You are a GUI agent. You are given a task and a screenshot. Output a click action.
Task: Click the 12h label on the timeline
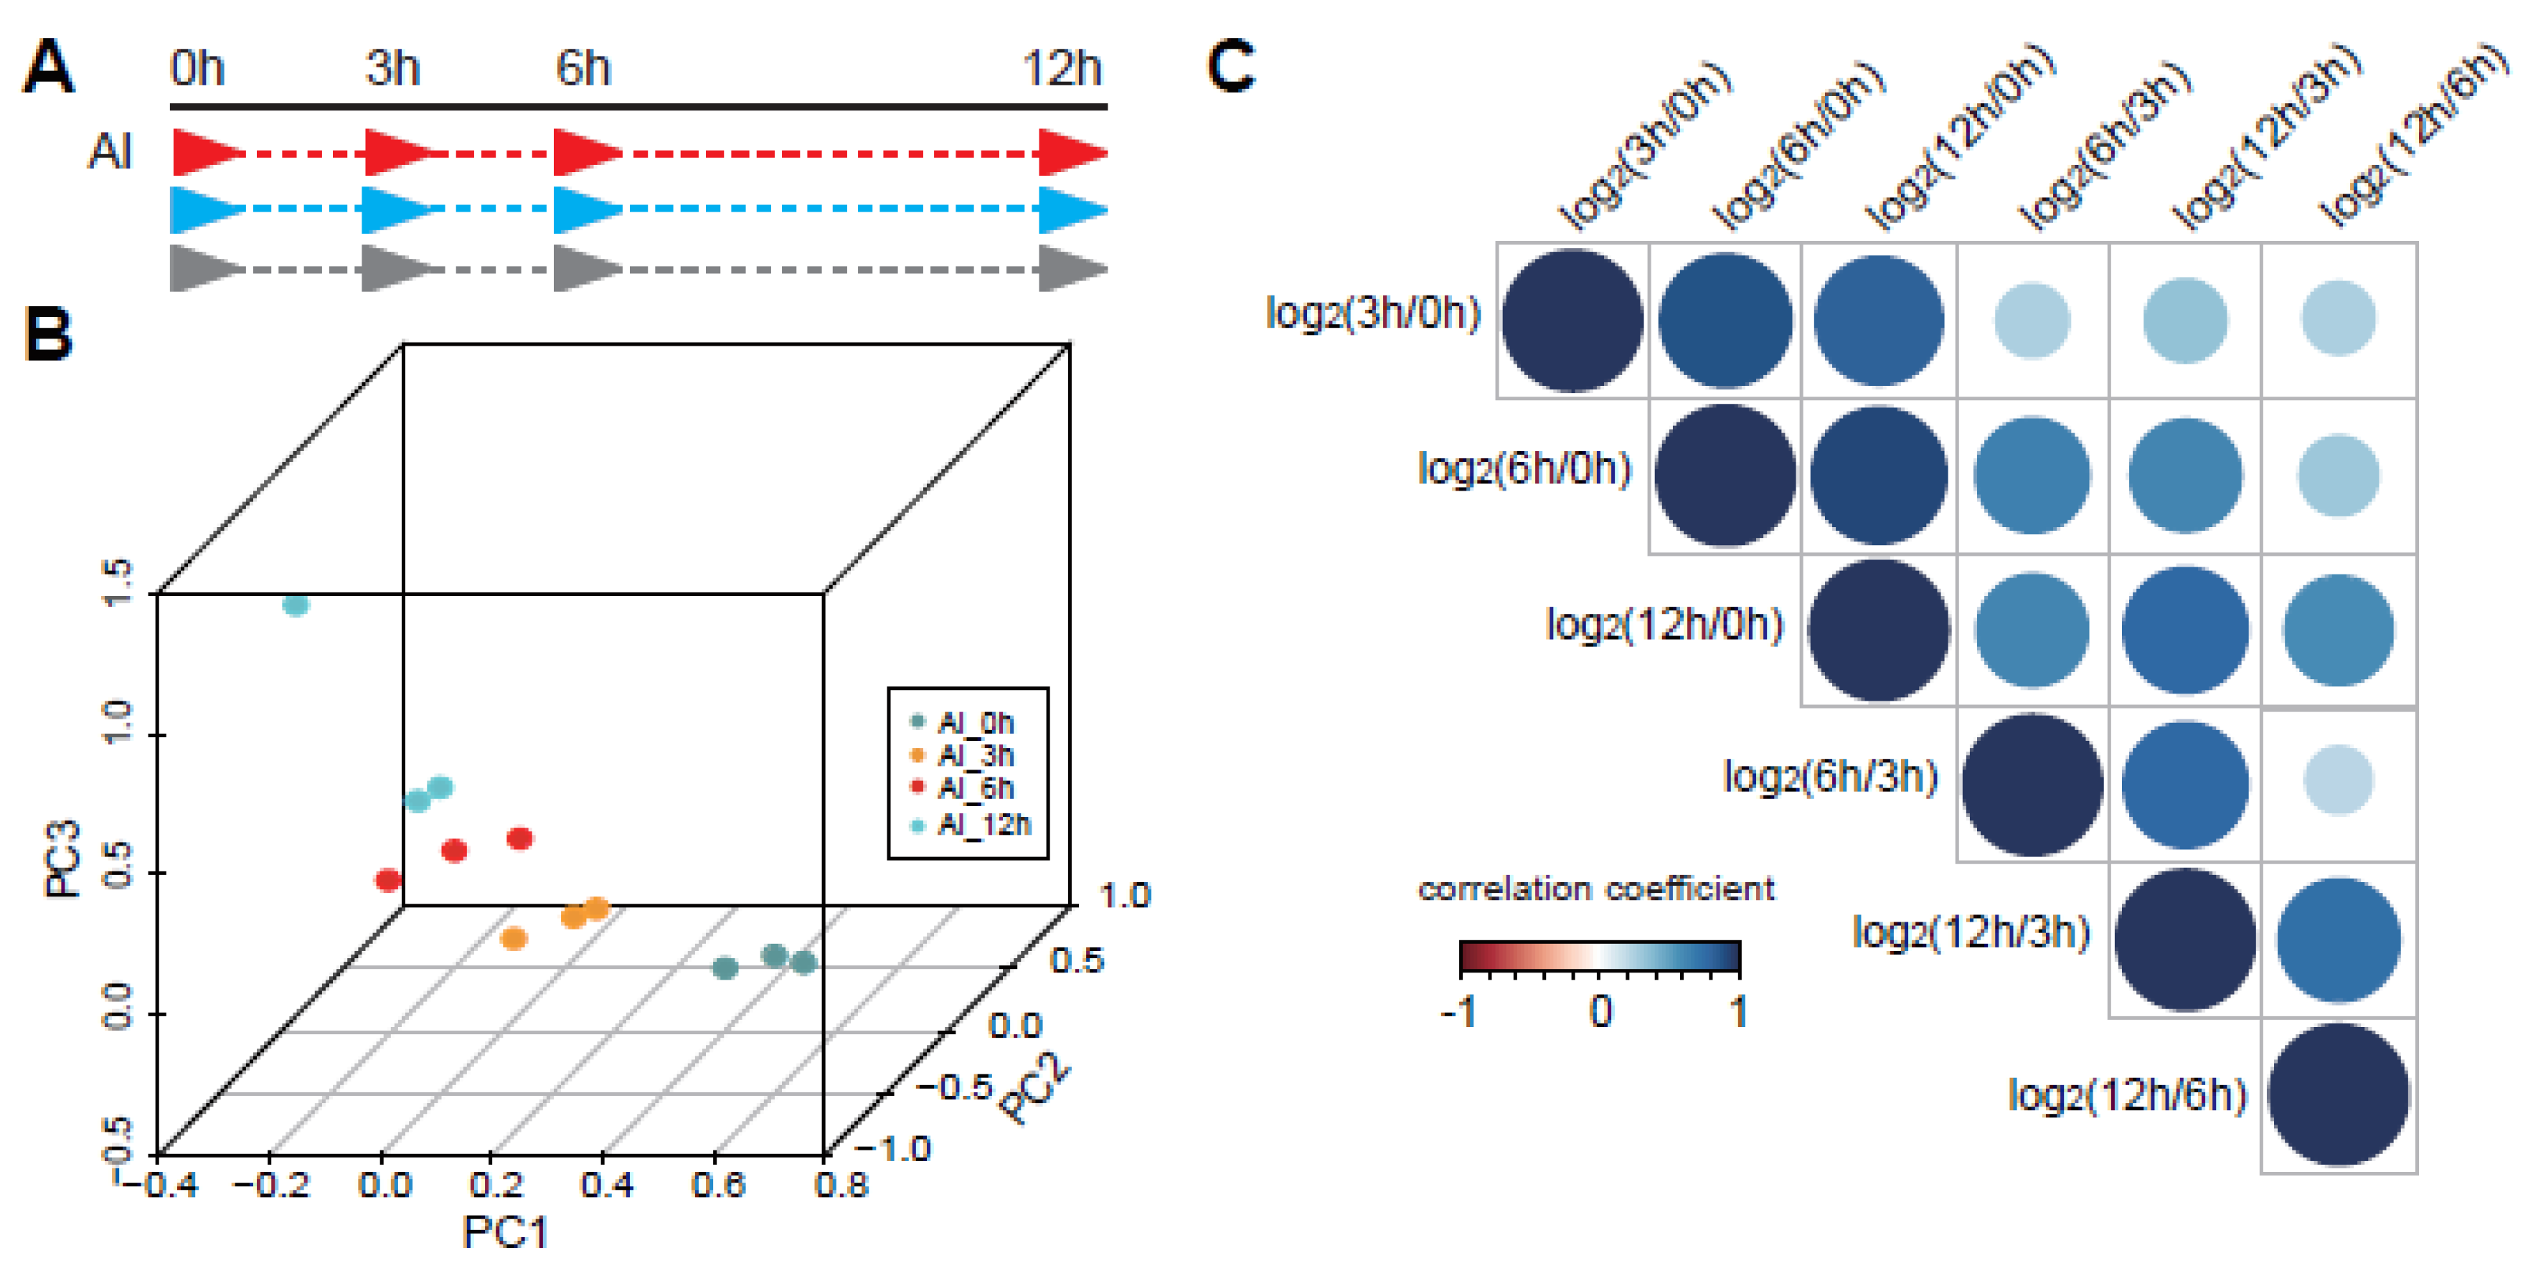1062,69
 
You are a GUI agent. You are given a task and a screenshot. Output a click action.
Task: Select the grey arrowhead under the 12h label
1072,269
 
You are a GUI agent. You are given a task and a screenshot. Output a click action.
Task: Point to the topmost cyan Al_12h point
296,605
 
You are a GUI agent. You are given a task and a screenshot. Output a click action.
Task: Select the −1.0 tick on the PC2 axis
893,1148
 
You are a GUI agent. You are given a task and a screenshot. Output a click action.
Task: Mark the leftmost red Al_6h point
389,880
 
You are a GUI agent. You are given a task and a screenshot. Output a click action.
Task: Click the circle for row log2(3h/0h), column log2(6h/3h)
2032,320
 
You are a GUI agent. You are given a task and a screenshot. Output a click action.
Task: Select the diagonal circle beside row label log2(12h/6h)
2339,1094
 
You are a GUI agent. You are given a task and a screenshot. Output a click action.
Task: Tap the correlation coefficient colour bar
1600,956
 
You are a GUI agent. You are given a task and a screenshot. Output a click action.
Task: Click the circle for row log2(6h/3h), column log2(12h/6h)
2339,780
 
